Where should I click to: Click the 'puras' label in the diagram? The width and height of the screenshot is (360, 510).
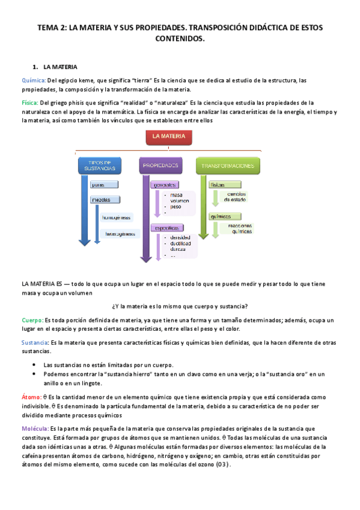coord(100,184)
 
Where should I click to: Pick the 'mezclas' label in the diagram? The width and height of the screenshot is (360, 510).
coord(102,200)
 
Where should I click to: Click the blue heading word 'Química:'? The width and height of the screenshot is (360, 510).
coord(34,80)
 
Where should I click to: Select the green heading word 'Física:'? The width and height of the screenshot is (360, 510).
coord(30,103)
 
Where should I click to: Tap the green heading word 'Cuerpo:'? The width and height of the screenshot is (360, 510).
coord(32,320)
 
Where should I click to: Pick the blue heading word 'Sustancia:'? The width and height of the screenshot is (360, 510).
coord(35,342)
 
